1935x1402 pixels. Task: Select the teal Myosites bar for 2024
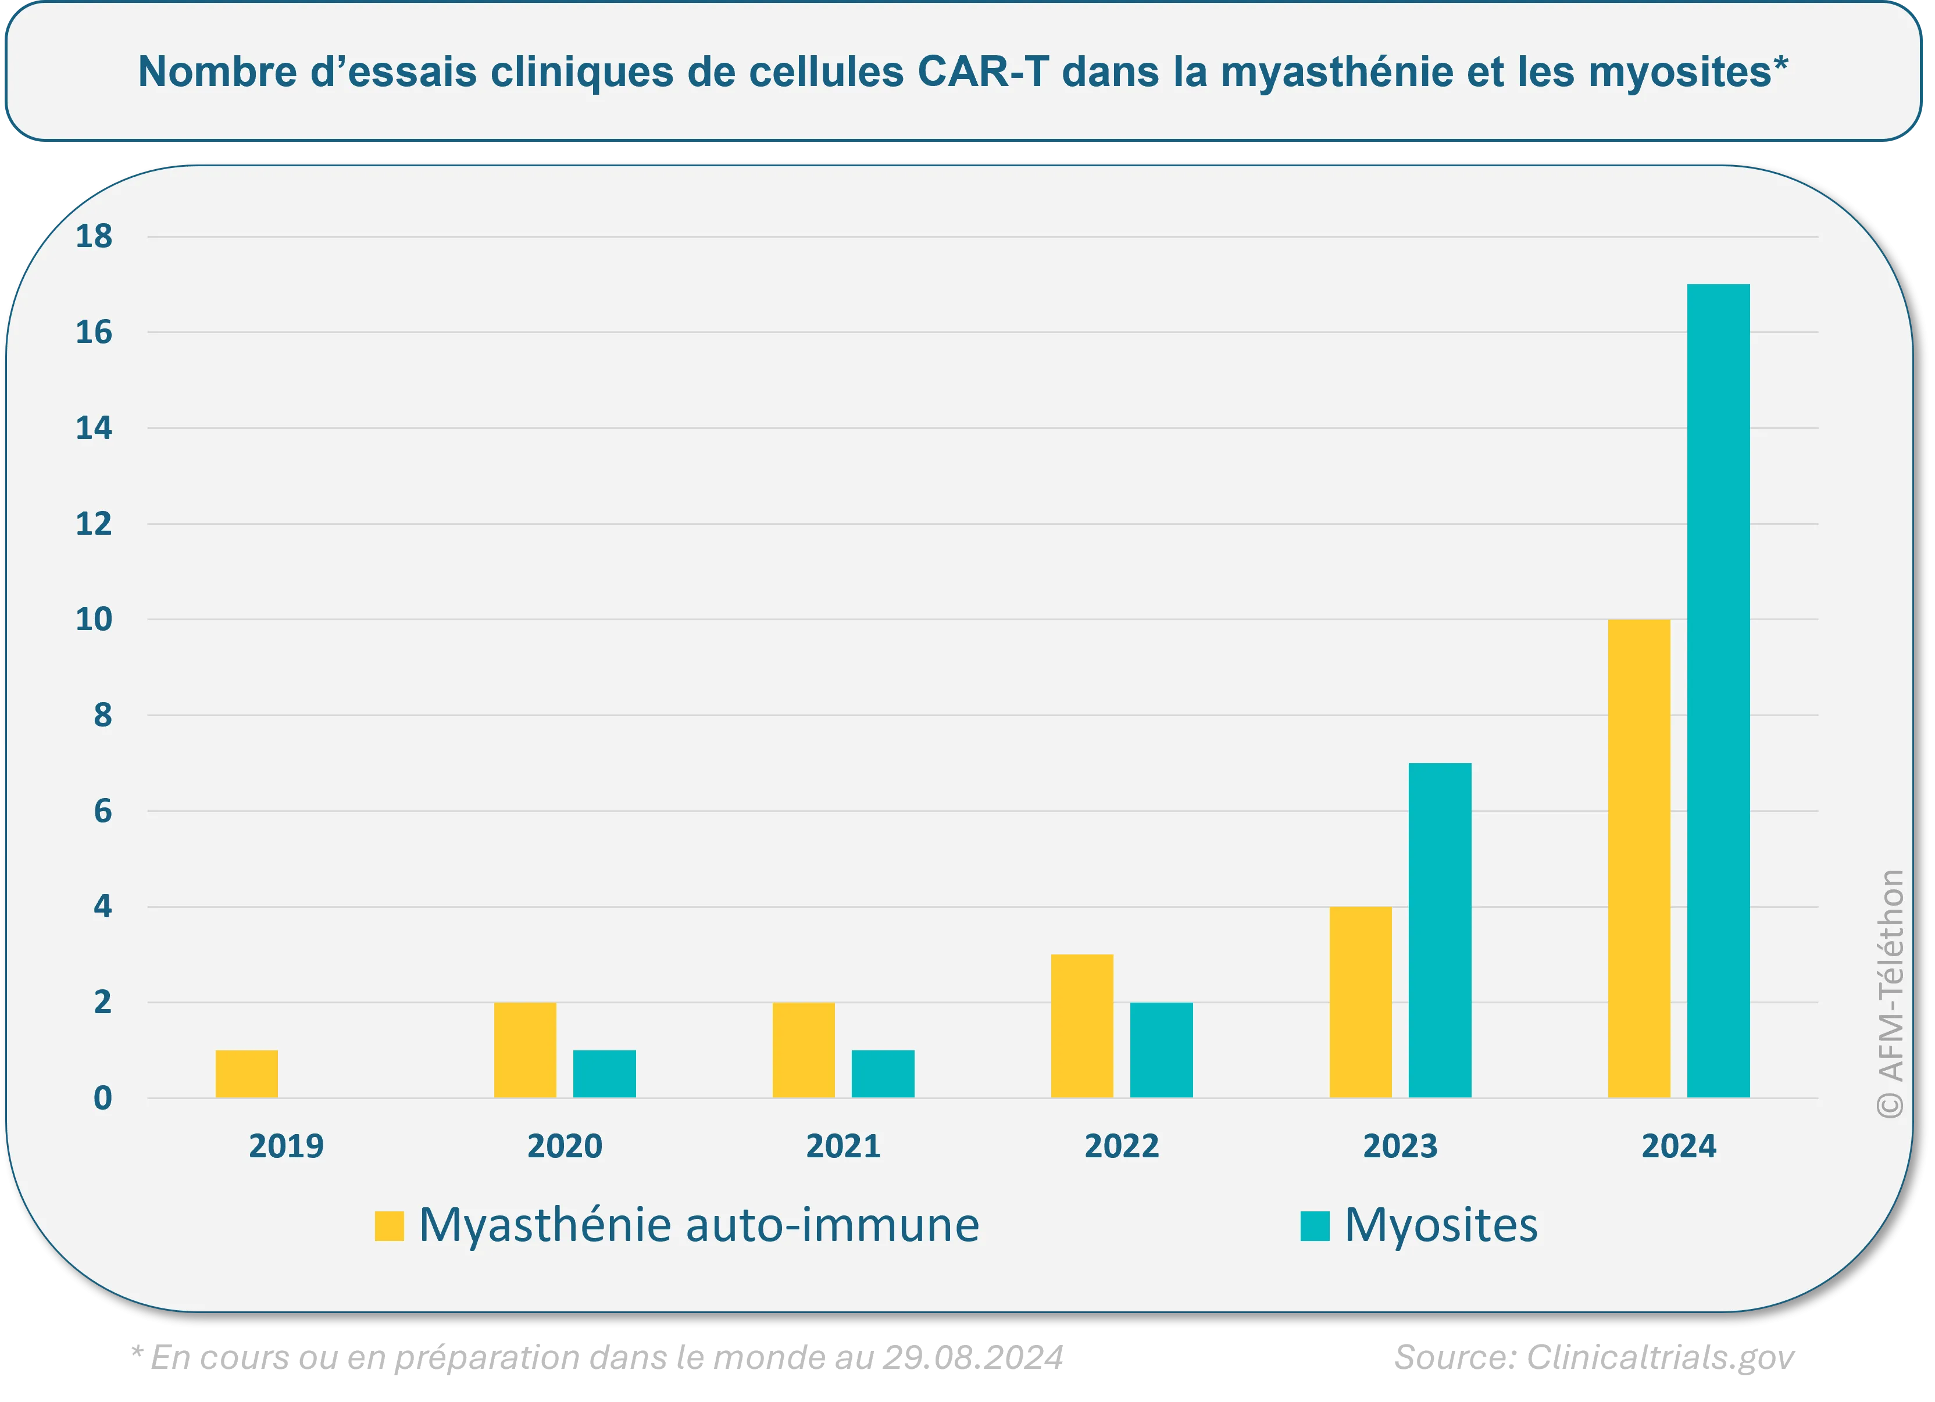coord(1718,691)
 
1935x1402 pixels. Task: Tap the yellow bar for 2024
coord(1639,858)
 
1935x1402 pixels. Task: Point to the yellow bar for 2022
coord(1082,1026)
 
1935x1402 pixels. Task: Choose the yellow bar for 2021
coord(804,1050)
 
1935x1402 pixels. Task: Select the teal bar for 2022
coord(1161,1050)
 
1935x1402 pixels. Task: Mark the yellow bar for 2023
coord(1361,1002)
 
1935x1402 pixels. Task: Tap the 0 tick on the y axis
coord(102,1099)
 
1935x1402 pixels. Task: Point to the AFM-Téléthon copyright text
coord(1891,993)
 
